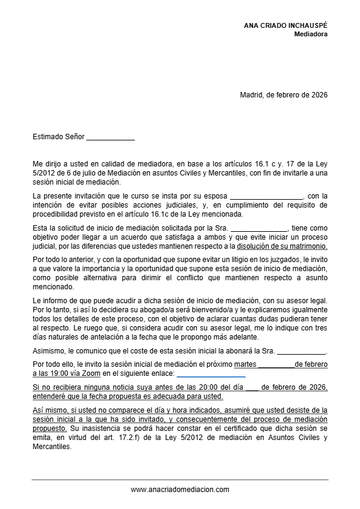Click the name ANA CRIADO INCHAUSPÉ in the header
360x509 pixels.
click(x=286, y=26)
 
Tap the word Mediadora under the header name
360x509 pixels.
click(x=311, y=34)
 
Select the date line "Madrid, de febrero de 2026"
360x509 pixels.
click(x=284, y=94)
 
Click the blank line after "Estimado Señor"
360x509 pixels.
click(x=110, y=137)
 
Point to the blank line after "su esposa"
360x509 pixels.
click(x=266, y=196)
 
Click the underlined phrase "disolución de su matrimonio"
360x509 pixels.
click(x=282, y=246)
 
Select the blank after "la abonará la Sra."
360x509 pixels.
click(x=301, y=351)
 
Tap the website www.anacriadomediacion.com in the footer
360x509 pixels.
click(x=180, y=490)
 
